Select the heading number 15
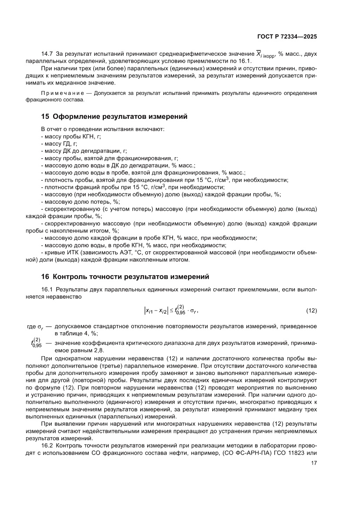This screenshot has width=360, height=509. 44,117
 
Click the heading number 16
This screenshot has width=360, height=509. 44,276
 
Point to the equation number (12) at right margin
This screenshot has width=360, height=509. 311,310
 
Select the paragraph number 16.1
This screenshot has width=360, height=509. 47,289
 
